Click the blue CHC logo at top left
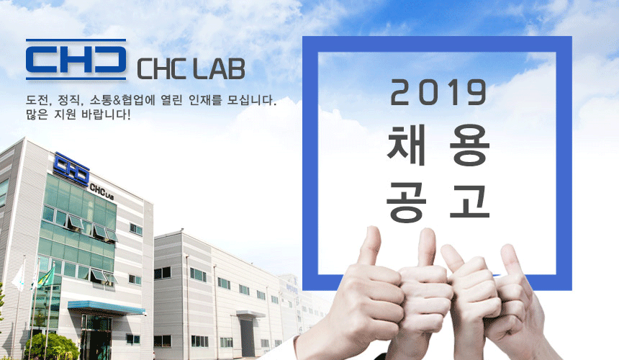76,59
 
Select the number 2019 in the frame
438,93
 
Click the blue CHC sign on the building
72,168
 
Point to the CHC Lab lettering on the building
102,191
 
